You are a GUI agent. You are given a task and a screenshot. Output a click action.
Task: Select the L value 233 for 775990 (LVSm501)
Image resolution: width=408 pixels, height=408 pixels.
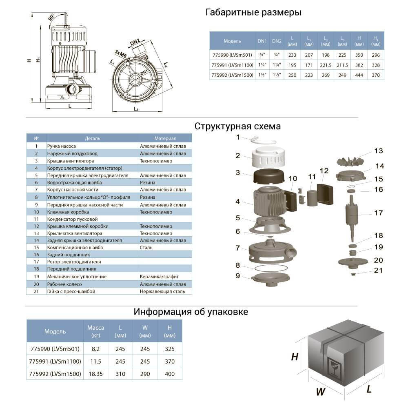point(292,55)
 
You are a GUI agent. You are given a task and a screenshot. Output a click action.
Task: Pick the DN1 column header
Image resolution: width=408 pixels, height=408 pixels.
point(262,41)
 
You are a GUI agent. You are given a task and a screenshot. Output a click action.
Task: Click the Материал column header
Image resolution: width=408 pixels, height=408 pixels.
point(165,138)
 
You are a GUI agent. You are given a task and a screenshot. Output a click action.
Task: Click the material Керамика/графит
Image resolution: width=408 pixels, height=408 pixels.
point(159,277)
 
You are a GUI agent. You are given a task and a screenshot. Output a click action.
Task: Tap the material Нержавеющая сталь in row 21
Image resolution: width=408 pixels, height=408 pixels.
point(162,291)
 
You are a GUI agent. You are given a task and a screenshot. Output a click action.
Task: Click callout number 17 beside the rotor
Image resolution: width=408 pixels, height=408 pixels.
point(379,213)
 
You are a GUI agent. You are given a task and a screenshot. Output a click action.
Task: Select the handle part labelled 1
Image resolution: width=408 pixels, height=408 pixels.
point(263,141)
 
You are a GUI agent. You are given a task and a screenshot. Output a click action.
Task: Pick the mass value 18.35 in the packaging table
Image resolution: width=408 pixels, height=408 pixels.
point(96,374)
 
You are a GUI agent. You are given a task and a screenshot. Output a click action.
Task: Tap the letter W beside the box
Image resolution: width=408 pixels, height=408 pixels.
point(320,392)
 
